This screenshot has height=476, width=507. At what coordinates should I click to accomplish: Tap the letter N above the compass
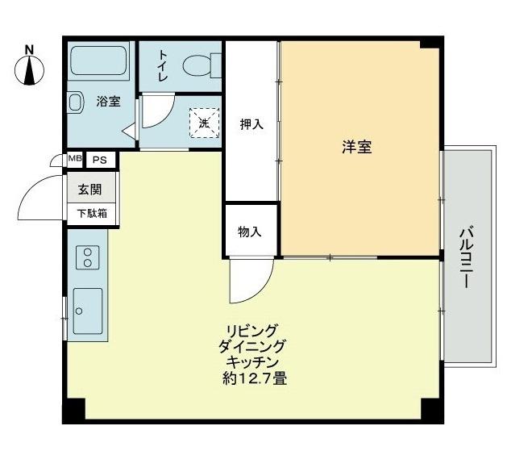[29, 48]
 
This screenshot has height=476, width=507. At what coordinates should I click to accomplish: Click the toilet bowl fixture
[197, 64]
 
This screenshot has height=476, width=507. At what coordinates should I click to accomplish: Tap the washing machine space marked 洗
[204, 123]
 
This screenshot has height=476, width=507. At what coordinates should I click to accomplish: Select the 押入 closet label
[251, 124]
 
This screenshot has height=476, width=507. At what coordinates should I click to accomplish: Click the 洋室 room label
[356, 147]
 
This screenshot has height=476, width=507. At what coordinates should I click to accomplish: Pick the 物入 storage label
[250, 232]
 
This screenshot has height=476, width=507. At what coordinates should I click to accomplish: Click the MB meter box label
[74, 159]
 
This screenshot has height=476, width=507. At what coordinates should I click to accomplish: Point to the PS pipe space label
[99, 160]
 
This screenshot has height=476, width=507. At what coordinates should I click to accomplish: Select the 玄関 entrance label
[89, 191]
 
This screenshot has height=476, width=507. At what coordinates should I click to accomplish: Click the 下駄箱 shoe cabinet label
[91, 214]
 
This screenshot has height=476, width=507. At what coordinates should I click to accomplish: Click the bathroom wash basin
[75, 102]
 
